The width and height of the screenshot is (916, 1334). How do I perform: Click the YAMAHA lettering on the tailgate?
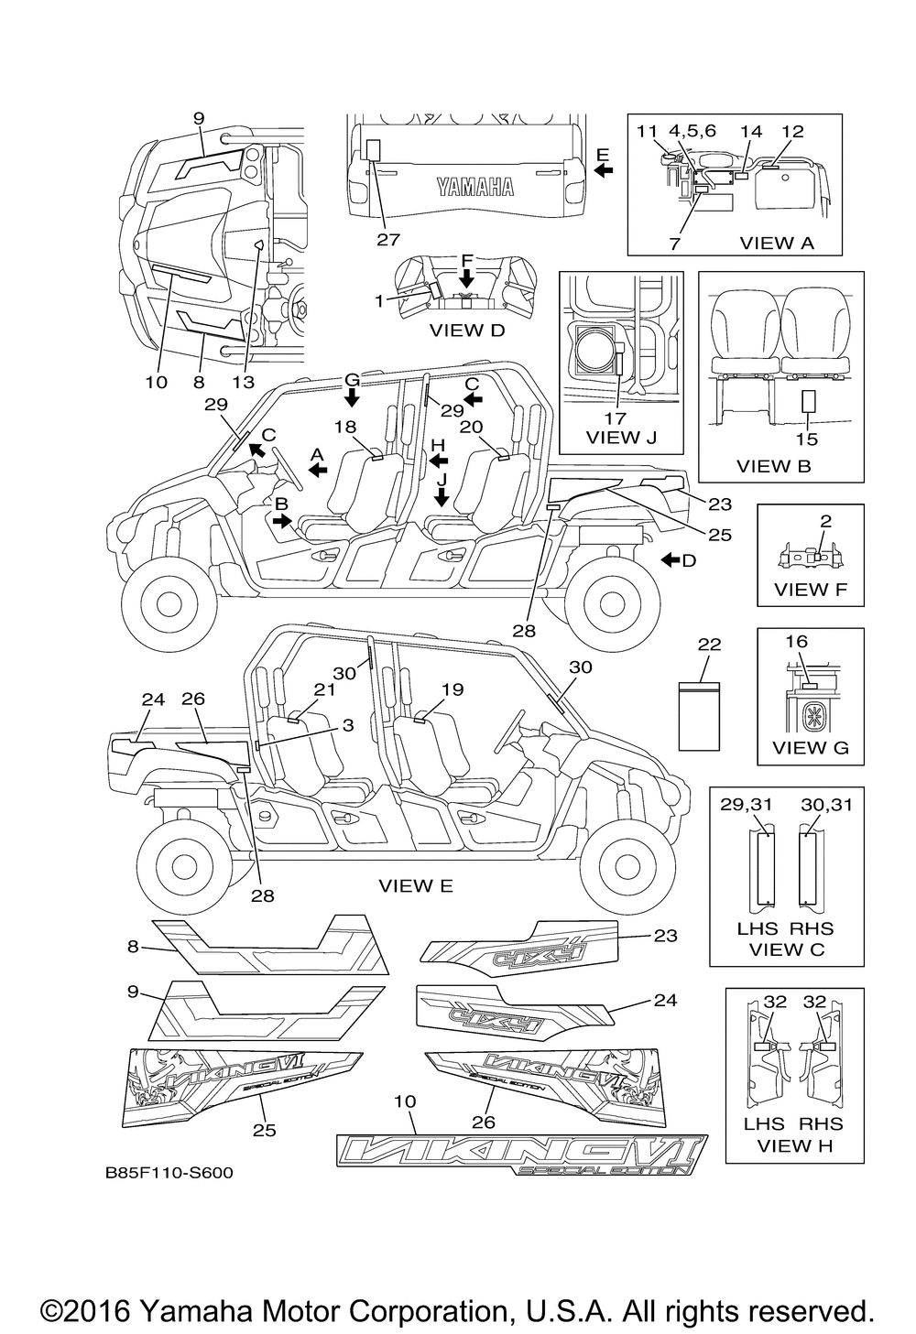(474, 188)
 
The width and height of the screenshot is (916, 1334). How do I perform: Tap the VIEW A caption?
(777, 243)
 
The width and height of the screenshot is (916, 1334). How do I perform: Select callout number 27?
(388, 239)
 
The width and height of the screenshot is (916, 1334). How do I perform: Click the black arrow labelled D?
(671, 559)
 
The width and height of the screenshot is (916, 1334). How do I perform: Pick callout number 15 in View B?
(807, 439)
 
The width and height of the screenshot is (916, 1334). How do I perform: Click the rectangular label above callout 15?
(808, 403)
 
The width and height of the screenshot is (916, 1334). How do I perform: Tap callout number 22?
(709, 645)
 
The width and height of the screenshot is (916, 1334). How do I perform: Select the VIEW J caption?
(621, 437)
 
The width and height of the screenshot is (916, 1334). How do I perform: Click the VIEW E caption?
(416, 885)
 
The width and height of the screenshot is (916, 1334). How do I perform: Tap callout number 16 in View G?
(797, 642)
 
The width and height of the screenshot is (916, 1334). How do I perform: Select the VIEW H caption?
(792, 1144)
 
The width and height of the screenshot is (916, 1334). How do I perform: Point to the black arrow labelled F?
(466, 276)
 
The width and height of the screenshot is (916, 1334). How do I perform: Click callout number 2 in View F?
(825, 520)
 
